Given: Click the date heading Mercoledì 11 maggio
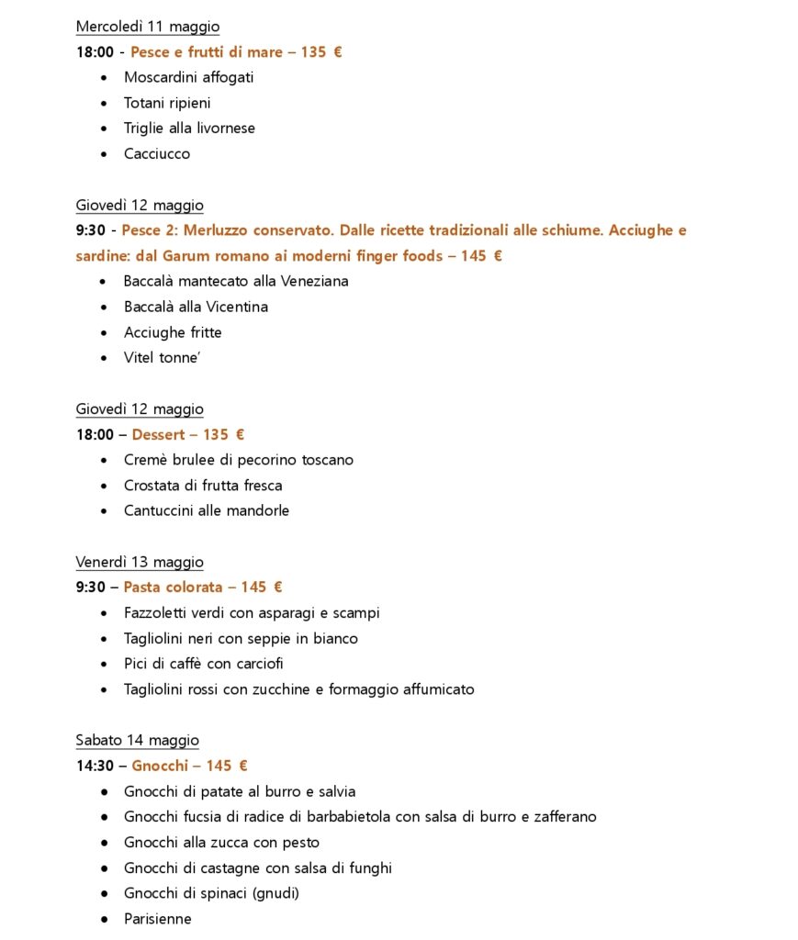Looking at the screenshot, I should coord(147,27).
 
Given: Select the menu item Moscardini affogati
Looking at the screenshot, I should coord(188,77).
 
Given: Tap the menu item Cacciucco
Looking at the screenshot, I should coord(157,153).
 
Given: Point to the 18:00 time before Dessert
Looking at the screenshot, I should coord(95,435).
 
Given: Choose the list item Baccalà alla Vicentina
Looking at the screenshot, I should coord(196,307).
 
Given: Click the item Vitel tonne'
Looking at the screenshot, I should coord(162,358).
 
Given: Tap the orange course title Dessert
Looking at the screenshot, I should coord(158,435).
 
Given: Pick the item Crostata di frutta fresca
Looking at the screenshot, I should coord(203,486).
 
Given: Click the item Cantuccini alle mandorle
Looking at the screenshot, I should coord(207,510).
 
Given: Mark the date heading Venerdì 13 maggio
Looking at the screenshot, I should coord(140,562).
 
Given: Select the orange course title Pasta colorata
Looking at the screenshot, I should coord(173,587).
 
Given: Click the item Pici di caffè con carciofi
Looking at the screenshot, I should coord(204,664).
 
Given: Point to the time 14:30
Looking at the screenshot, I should coord(95,766).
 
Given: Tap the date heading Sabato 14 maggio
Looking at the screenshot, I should coord(137,740).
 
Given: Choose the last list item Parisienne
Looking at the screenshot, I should coord(158,919).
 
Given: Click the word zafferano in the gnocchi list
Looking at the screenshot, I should coord(564,817).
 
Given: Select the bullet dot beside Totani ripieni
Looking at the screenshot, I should coord(103,103).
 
